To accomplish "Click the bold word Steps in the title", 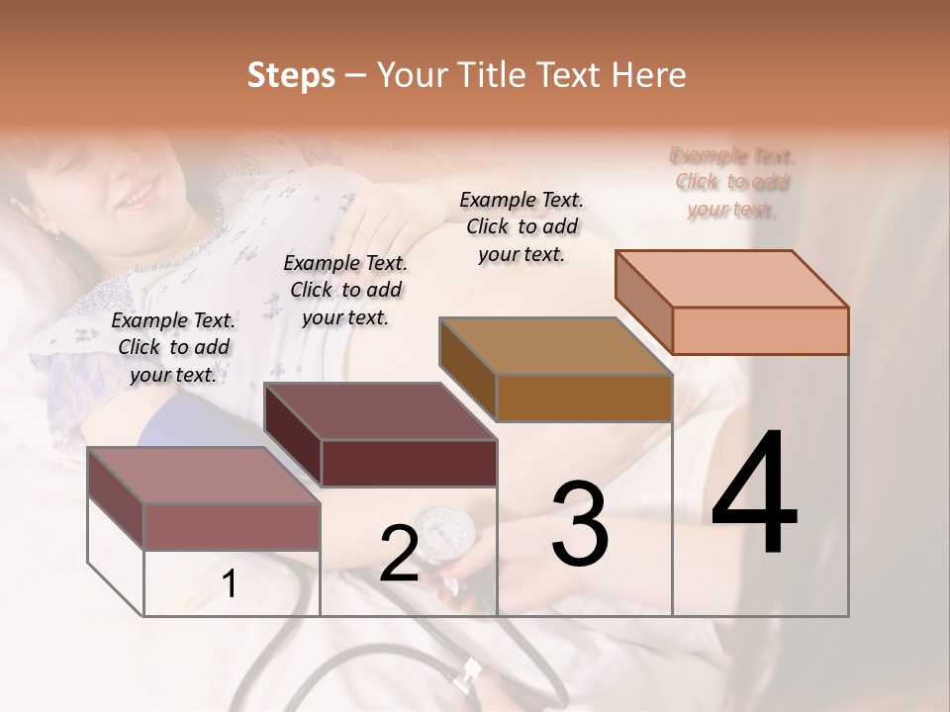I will coord(291,76).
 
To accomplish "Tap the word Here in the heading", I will coord(648,76).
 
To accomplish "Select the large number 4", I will coord(754,494).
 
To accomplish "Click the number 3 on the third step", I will coord(579,524).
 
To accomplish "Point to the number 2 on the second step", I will coord(399,554).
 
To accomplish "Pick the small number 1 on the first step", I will coord(230,584).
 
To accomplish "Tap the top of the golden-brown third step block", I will coord(555,346).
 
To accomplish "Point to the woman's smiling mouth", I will coord(138,195).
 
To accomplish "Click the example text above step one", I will coord(173,347).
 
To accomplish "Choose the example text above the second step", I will coord(345,290).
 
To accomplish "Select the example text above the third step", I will coord(522,226).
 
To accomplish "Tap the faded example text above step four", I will coord(732,182).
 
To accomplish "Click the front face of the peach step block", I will coord(760,330).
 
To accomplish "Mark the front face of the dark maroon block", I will coord(409,463).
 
